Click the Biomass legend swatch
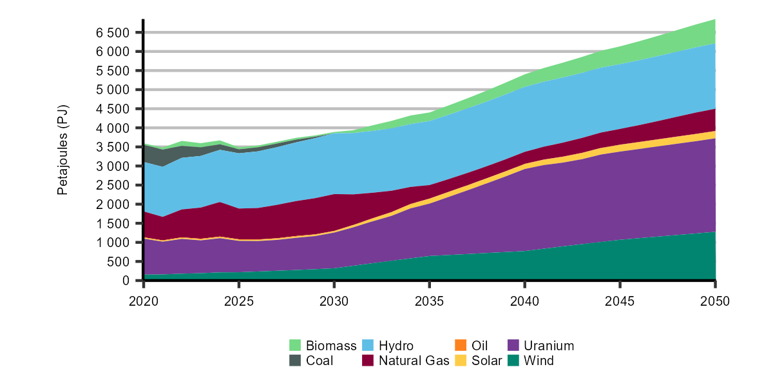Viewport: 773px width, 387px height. coord(295,346)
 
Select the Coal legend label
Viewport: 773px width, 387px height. coord(320,361)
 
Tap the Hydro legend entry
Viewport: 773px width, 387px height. coord(396,346)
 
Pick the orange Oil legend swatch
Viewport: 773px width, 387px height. coord(460,346)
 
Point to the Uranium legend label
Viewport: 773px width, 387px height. coord(548,346)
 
